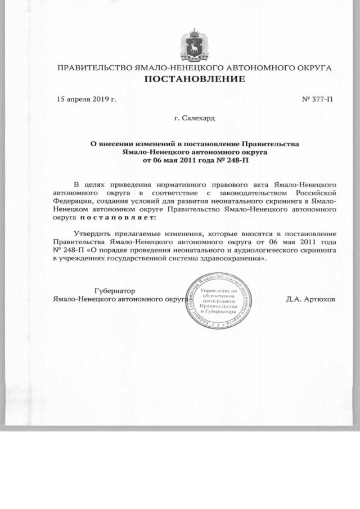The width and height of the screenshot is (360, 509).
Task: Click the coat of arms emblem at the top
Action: (x=195, y=44)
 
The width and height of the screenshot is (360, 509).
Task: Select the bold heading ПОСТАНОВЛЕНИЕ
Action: (x=195, y=79)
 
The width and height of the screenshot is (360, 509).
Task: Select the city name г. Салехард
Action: (x=195, y=119)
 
